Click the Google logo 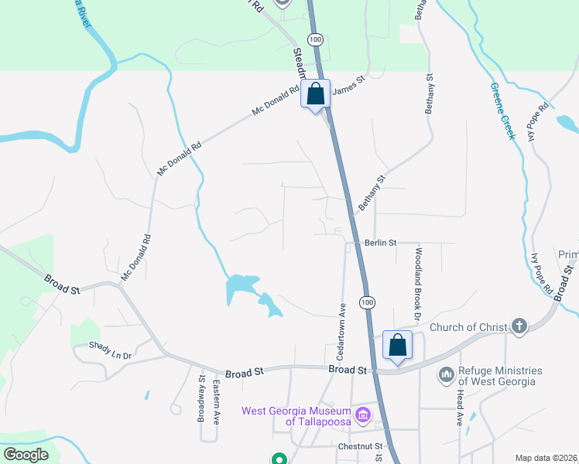point(26,455)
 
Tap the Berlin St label point(381,243)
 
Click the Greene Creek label point(502,111)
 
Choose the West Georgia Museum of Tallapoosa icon point(362,416)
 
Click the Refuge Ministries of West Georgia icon point(446,376)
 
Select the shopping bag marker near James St point(316,94)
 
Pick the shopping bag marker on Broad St point(397,344)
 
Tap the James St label point(348,85)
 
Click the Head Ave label point(460,408)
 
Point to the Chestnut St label point(361,447)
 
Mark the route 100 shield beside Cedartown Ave point(368,301)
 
